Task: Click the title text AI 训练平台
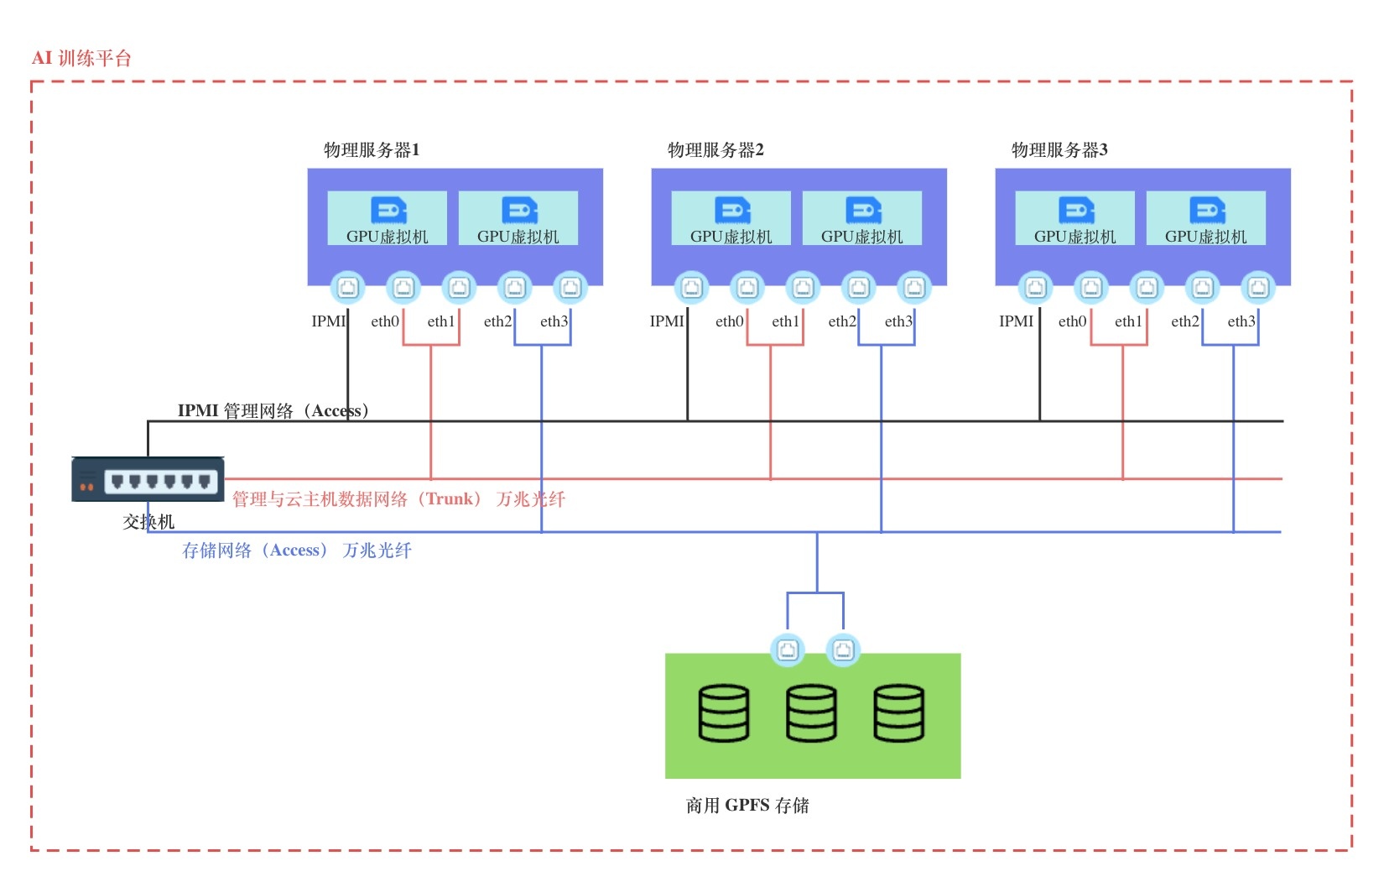(x=81, y=58)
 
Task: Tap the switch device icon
(x=148, y=480)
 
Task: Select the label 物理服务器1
(x=372, y=150)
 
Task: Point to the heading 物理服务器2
(x=715, y=150)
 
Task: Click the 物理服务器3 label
(x=1059, y=150)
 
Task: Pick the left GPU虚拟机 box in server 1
(x=387, y=218)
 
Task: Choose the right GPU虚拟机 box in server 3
(x=1205, y=218)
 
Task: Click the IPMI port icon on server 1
(x=347, y=288)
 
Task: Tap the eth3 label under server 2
(x=898, y=321)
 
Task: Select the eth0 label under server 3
(x=1072, y=321)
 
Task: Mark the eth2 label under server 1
(x=497, y=321)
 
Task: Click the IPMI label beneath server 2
(x=667, y=321)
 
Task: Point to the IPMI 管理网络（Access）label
(x=273, y=410)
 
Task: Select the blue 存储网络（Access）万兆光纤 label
(x=297, y=551)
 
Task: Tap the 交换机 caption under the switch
(x=148, y=522)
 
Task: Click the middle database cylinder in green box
(x=811, y=713)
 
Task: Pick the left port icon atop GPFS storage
(x=788, y=650)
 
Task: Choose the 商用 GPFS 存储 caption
(x=747, y=806)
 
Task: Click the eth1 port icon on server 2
(x=803, y=288)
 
